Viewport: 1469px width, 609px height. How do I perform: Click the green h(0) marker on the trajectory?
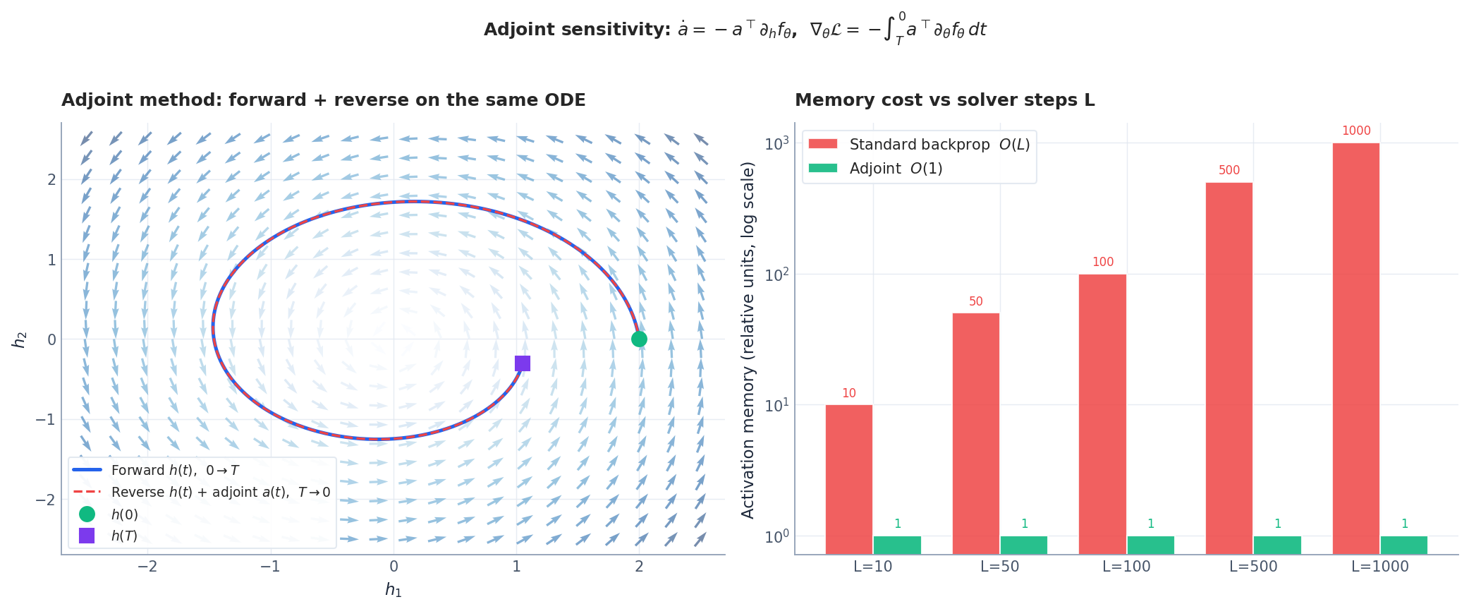[639, 339]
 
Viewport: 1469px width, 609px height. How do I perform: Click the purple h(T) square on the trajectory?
[522, 363]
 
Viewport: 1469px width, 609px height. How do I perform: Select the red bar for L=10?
[848, 479]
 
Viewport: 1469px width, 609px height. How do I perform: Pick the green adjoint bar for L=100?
[1150, 545]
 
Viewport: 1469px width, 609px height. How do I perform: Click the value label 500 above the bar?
[1229, 170]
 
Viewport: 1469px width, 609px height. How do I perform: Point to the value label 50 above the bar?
[975, 301]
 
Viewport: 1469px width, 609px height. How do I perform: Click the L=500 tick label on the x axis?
[1253, 567]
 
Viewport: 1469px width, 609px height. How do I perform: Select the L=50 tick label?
[999, 567]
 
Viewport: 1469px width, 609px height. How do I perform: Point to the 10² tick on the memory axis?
[776, 275]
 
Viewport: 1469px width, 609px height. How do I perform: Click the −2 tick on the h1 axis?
[147, 567]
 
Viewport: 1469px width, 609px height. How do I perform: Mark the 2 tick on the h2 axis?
[51, 180]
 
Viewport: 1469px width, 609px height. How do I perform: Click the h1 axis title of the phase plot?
[393, 590]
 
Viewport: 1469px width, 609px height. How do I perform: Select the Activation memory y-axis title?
[748, 339]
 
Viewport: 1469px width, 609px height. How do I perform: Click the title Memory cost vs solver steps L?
[944, 100]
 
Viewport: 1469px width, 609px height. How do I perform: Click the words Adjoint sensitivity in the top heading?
[576, 30]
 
